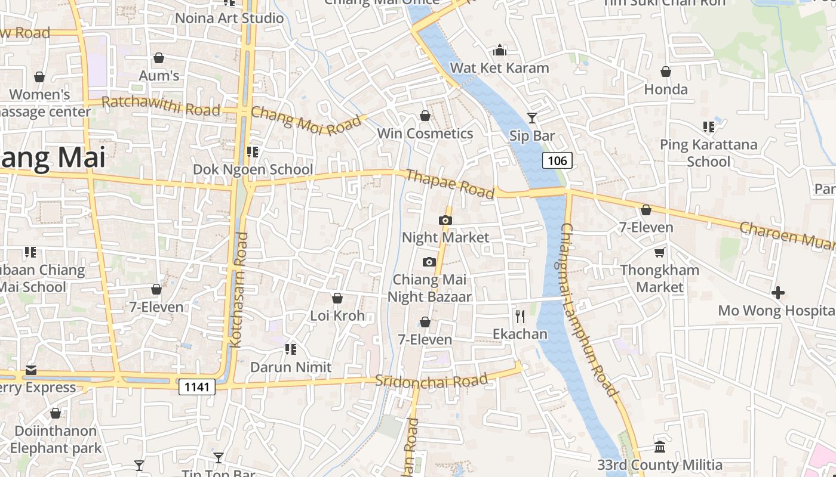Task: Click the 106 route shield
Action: [x=558, y=160]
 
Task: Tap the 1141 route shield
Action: [x=197, y=387]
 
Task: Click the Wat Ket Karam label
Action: [x=499, y=67]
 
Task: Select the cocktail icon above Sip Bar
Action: [x=531, y=117]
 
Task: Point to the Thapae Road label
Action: [x=450, y=183]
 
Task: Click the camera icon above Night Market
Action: [x=445, y=220]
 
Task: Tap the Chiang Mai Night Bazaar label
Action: [x=429, y=288]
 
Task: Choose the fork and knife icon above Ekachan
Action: [x=520, y=316]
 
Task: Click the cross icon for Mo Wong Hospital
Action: [x=777, y=293]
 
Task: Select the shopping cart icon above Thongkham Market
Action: [x=659, y=253]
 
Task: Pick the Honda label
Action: [x=666, y=89]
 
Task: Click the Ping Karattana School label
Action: [x=708, y=153]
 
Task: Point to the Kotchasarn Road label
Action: [x=238, y=290]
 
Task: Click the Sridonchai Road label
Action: [x=431, y=380]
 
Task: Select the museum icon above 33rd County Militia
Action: [x=660, y=447]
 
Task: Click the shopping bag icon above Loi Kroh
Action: [x=337, y=298]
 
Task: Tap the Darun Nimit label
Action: [x=291, y=367]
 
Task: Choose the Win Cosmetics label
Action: [x=425, y=133]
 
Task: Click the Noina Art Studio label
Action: [x=229, y=18]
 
